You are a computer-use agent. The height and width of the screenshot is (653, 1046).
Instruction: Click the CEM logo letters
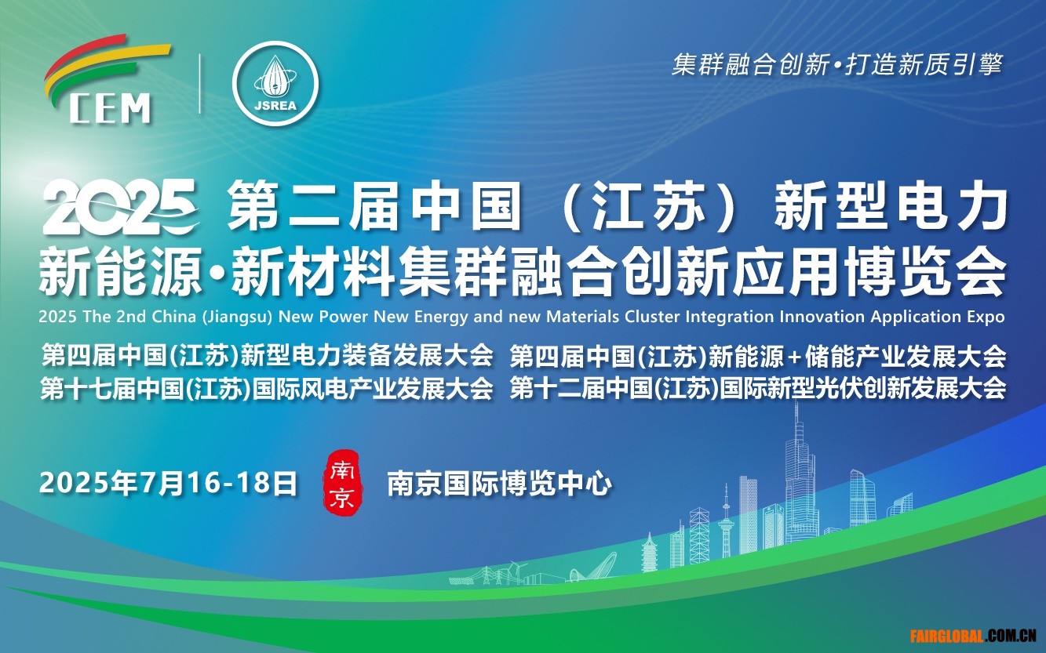[111, 107]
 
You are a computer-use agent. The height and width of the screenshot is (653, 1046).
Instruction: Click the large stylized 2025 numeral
[120, 207]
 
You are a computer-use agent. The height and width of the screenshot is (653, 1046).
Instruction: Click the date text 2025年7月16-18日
[169, 483]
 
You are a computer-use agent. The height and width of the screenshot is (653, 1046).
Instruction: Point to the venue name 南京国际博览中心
[499, 484]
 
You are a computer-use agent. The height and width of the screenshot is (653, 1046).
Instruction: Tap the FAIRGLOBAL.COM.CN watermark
[972, 636]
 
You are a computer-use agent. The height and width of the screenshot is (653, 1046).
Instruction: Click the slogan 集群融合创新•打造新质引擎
[836, 64]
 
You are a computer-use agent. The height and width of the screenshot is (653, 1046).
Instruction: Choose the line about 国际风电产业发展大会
[267, 389]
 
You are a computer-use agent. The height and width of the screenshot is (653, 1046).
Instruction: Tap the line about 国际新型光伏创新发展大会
[757, 389]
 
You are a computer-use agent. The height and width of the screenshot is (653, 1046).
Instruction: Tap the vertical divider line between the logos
[200, 84]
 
